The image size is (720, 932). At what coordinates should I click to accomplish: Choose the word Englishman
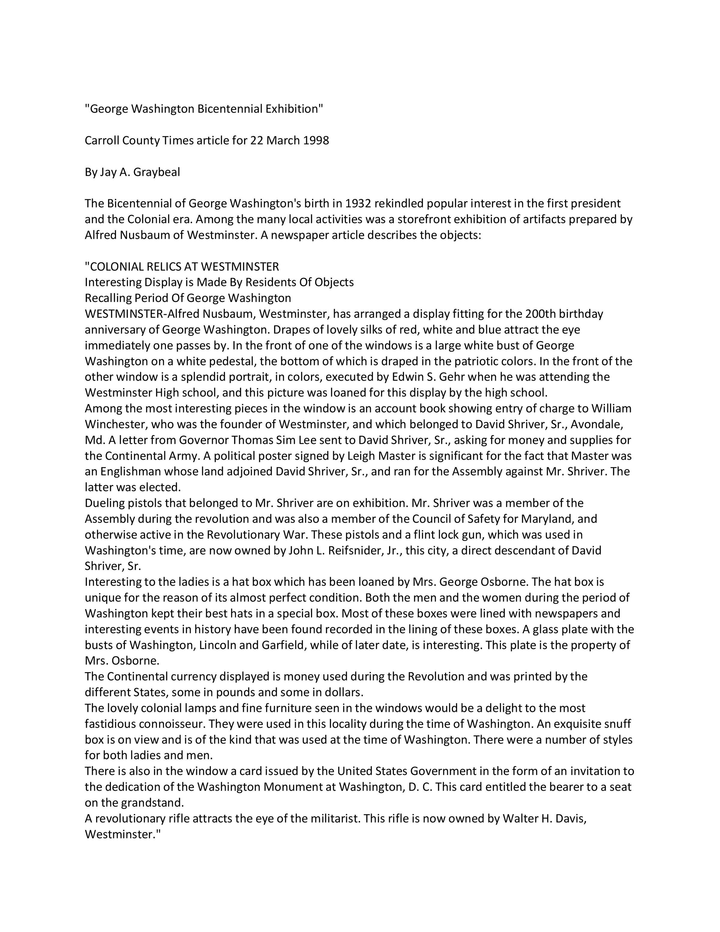point(131,471)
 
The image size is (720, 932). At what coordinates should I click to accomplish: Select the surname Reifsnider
point(355,551)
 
